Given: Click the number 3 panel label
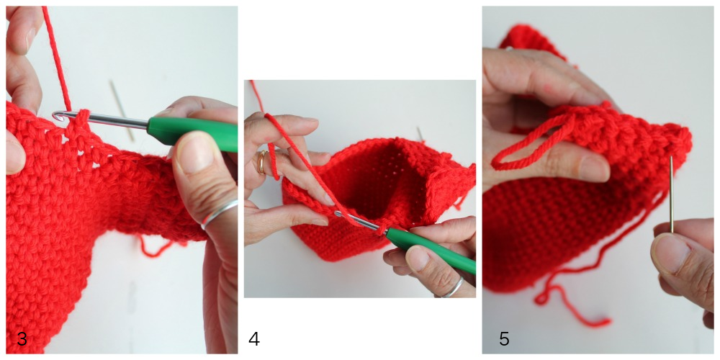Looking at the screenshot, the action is tap(22, 339).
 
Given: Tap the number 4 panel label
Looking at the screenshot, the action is tap(254, 339).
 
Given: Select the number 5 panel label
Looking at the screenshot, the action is tap(504, 339).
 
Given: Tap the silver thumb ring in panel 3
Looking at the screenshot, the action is tap(220, 212).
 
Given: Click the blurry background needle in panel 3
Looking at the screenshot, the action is tap(122, 110).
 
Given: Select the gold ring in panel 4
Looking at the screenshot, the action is tap(261, 163).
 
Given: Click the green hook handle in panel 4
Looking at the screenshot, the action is tap(430, 251).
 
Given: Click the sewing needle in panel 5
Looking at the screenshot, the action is tap(671, 194).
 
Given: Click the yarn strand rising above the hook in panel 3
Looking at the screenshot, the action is tap(56, 58).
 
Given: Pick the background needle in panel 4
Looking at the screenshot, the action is tap(420, 134).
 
